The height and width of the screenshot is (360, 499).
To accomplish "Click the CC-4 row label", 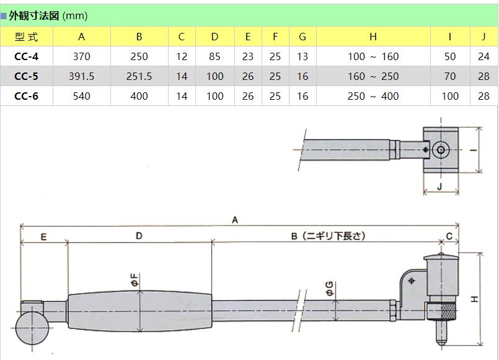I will (27, 56).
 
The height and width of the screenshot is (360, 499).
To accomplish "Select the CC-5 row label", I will (27, 76).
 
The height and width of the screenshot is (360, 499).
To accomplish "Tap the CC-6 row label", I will (27, 96).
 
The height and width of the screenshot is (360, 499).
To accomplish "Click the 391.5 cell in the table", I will (81, 76).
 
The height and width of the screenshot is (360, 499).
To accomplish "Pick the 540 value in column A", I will (81, 96).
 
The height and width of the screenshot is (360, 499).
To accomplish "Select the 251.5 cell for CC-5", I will (139, 76).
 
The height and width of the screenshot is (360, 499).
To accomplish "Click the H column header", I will (373, 37).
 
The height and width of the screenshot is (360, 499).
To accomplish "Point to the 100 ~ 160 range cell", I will (373, 56).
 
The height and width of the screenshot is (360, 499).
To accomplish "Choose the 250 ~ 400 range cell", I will (373, 96).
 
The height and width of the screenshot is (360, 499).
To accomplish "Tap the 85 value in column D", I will (214, 56).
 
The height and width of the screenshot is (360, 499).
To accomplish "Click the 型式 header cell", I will (27, 37).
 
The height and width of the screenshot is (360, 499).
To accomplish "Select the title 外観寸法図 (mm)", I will (48, 15).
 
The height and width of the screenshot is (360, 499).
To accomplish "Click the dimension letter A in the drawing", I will (235, 219).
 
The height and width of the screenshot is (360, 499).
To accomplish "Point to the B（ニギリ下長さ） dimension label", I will (328, 235).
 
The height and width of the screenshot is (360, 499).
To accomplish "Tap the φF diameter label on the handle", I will (134, 280).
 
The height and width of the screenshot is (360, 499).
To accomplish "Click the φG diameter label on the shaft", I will (329, 288).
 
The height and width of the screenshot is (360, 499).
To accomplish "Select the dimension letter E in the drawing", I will (43, 236).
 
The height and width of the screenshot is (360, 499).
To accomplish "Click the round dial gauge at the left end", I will (32, 325).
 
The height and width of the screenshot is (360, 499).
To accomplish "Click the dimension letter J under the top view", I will (439, 185).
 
